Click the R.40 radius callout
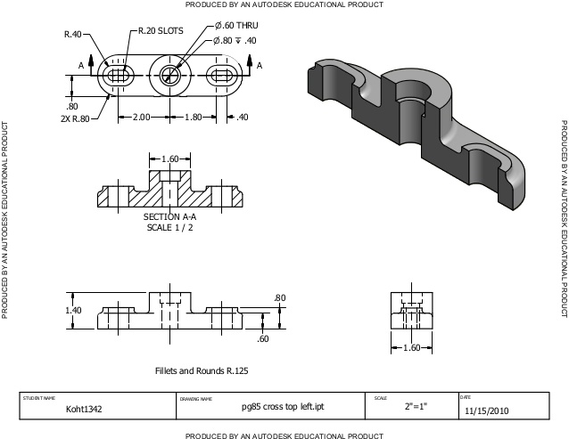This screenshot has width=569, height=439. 73,34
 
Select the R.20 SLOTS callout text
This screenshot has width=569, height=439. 161,29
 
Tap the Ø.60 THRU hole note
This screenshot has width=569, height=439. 236,25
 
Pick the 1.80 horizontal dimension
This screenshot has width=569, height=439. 193,118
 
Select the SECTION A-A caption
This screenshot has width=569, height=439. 169,216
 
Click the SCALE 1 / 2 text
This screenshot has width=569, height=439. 169,227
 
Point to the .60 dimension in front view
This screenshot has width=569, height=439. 262,339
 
